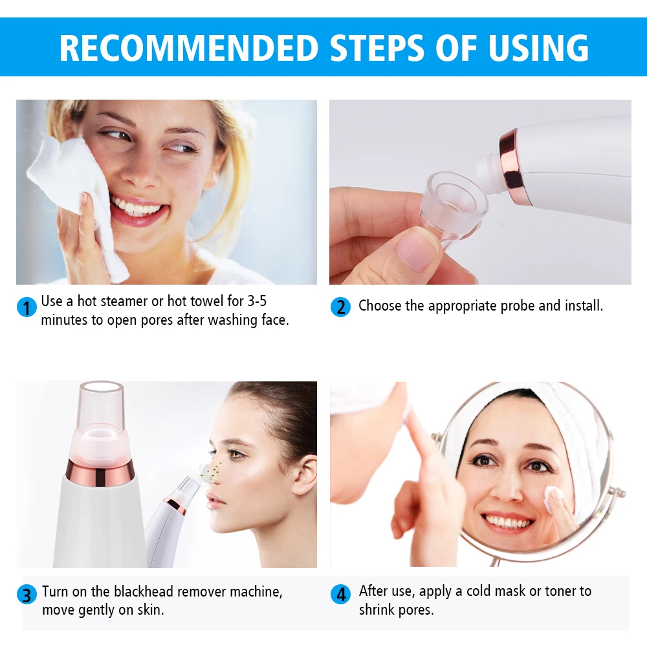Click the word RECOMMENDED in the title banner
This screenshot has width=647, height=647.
click(x=190, y=47)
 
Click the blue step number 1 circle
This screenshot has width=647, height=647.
click(x=26, y=307)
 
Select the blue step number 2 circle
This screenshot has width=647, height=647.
click(x=340, y=307)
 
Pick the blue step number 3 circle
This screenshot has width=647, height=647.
click(x=26, y=595)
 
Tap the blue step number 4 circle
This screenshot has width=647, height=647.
click(x=340, y=594)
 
